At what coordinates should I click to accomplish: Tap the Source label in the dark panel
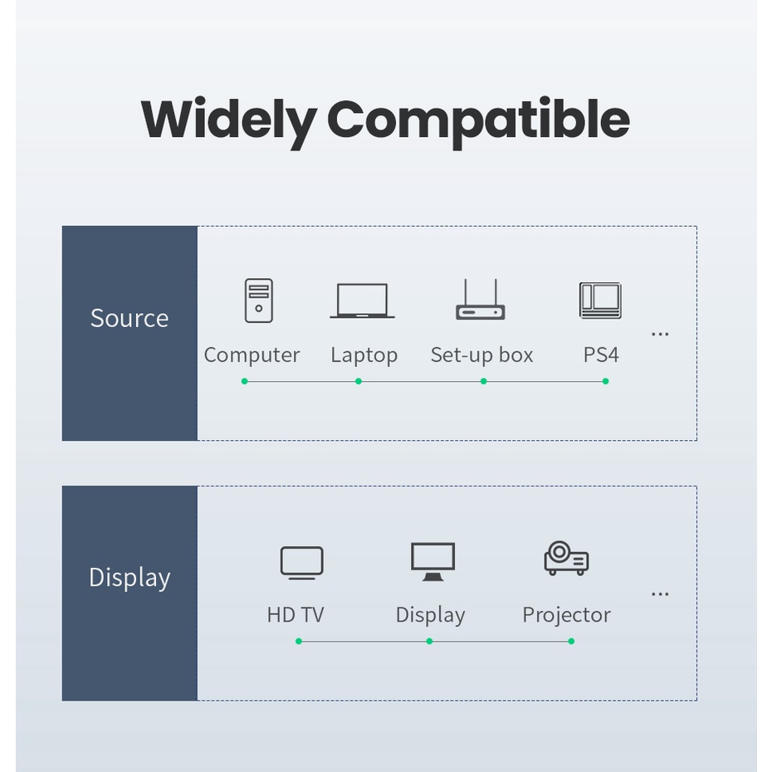pyautogui.click(x=129, y=318)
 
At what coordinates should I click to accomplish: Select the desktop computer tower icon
pyautogui.click(x=259, y=300)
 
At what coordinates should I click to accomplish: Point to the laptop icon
pyautogui.click(x=362, y=300)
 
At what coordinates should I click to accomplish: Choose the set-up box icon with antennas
pyautogui.click(x=481, y=300)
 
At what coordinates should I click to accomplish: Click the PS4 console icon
pyautogui.click(x=600, y=300)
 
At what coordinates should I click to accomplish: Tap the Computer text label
pyautogui.click(x=252, y=355)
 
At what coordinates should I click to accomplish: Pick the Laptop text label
pyautogui.click(x=364, y=355)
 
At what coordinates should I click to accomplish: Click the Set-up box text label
pyautogui.click(x=481, y=355)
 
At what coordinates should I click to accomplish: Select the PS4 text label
pyautogui.click(x=601, y=355)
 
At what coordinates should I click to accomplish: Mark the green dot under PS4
pyautogui.click(x=606, y=381)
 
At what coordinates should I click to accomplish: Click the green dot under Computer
pyautogui.click(x=245, y=381)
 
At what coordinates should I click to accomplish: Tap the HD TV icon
pyautogui.click(x=302, y=563)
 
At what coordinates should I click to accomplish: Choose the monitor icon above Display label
pyautogui.click(x=432, y=561)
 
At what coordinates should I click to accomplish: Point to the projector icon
pyautogui.click(x=566, y=558)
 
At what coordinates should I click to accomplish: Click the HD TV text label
pyautogui.click(x=296, y=615)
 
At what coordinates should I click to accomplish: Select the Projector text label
pyautogui.click(x=566, y=615)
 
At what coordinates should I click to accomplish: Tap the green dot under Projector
pyautogui.click(x=571, y=641)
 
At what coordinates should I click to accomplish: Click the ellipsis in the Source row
pyautogui.click(x=660, y=335)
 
